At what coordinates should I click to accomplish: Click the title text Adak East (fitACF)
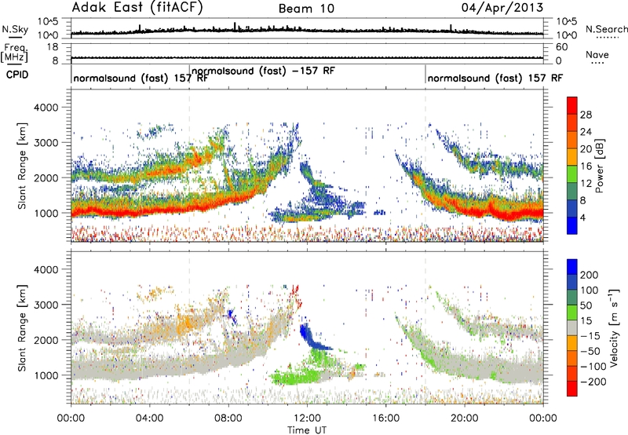(x=137, y=7)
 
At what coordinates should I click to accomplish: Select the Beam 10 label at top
(x=306, y=9)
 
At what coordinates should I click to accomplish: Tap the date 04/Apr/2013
(x=502, y=8)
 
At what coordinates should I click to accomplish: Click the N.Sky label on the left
(x=15, y=29)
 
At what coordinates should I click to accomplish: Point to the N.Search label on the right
(x=606, y=29)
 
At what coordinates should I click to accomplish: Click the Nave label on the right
(x=597, y=54)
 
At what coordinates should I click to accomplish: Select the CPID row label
(x=17, y=75)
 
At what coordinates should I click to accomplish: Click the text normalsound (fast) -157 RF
(x=263, y=71)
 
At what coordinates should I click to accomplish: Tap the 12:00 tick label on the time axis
(x=307, y=419)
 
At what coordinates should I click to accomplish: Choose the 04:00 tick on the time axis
(x=150, y=419)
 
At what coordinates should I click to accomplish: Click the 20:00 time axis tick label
(x=465, y=419)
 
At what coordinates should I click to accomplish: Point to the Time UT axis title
(x=307, y=430)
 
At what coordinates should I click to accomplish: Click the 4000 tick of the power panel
(x=46, y=108)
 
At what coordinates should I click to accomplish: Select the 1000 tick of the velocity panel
(x=46, y=375)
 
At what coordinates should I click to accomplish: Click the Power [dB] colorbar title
(x=599, y=166)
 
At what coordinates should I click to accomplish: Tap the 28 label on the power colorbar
(x=586, y=115)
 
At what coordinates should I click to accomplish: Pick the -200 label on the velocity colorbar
(x=593, y=382)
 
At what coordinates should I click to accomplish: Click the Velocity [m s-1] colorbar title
(x=614, y=327)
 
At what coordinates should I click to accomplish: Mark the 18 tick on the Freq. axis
(x=53, y=47)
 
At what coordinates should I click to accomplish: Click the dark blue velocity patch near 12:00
(x=312, y=338)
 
